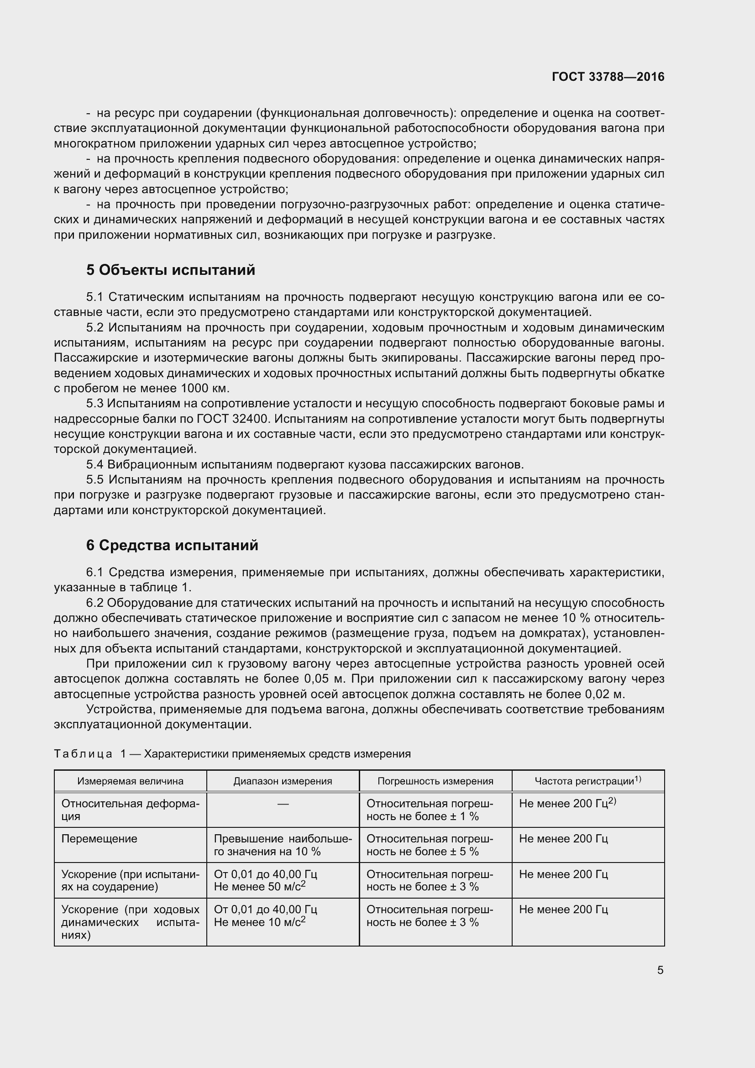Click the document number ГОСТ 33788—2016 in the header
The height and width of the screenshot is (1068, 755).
608,77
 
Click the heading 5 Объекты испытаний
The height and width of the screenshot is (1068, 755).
171,270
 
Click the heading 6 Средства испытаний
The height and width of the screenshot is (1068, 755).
172,545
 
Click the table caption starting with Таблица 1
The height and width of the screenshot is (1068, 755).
232,753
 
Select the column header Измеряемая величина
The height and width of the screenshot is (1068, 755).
130,781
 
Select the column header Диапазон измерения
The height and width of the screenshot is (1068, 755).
283,781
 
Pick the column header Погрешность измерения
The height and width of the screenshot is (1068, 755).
435,781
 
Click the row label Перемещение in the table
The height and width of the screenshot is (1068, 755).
100,839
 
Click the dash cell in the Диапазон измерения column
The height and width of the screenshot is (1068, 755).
283,804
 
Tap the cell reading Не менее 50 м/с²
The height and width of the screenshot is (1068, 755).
259,887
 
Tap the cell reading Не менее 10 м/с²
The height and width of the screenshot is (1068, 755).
259,922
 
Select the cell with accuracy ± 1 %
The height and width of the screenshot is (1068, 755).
430,810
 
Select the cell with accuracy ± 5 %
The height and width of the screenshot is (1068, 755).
430,845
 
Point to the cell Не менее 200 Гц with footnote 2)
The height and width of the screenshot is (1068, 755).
567,804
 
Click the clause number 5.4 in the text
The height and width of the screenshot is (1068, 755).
95,465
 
